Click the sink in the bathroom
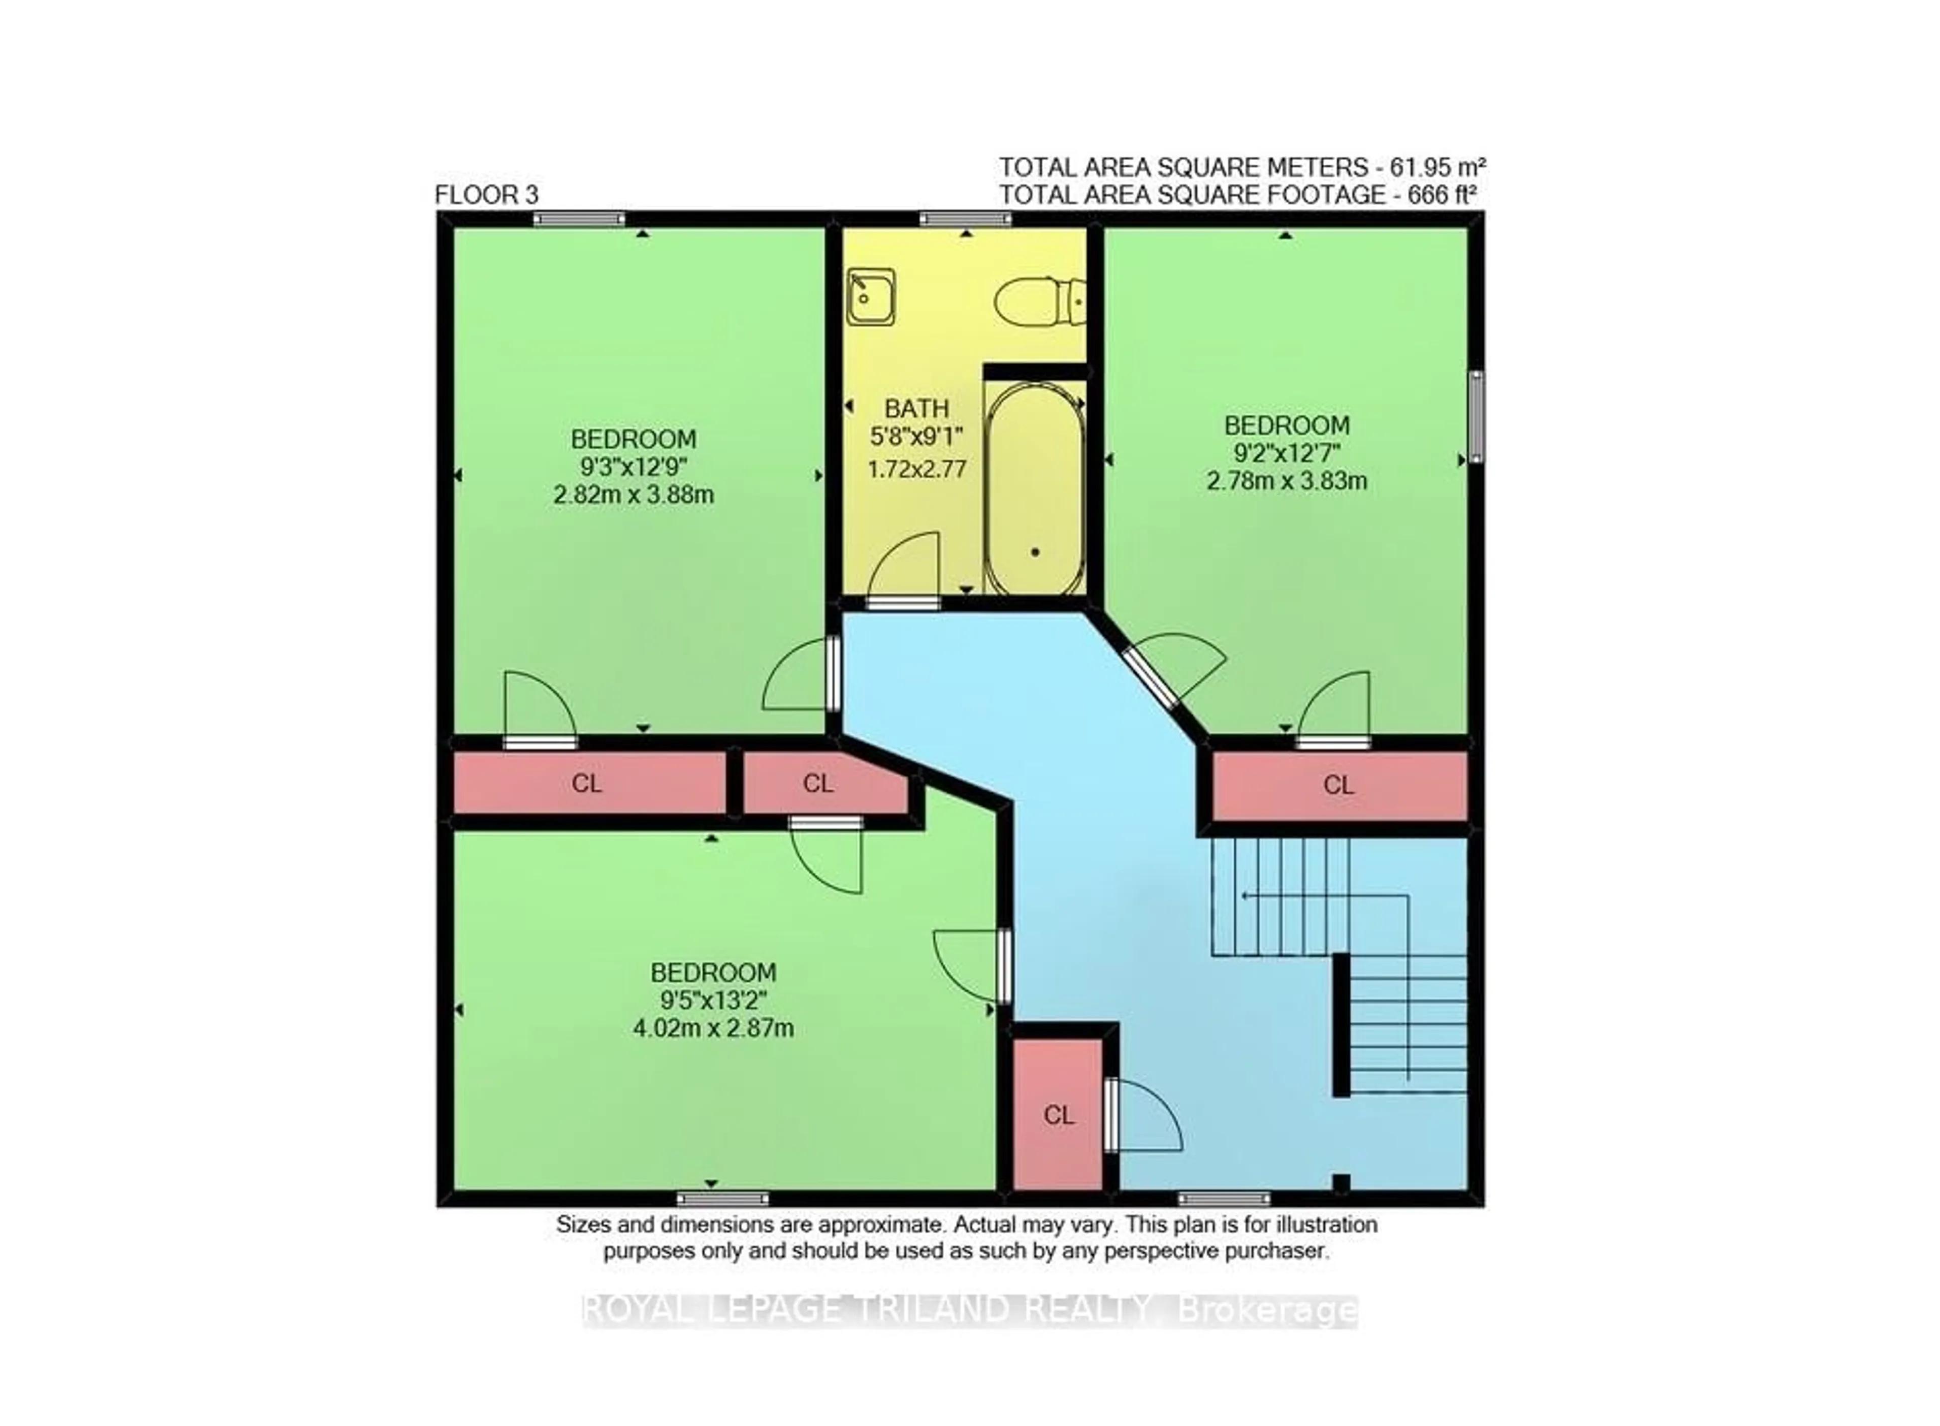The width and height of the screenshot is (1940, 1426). tap(870, 297)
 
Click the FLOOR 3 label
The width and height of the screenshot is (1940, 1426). tap(487, 195)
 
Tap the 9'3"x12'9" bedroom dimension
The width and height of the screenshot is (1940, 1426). tap(634, 467)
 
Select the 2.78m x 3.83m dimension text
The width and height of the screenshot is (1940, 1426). tap(1286, 481)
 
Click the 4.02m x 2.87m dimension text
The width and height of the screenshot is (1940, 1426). tap(713, 1028)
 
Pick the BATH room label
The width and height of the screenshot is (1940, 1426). tap(916, 408)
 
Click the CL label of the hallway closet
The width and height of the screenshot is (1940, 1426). tap(1059, 1115)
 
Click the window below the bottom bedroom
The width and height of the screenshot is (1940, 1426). tap(722, 1198)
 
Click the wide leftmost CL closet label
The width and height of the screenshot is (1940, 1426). tap(587, 783)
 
